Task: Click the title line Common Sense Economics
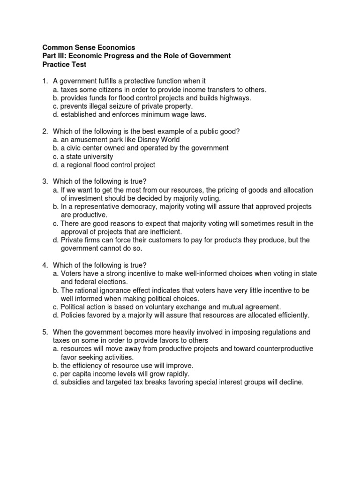(x=89, y=47)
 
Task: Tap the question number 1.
(x=45, y=81)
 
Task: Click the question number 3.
(x=45, y=181)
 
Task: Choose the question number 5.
(x=45, y=332)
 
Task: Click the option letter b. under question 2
(x=55, y=148)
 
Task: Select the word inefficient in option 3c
(x=164, y=232)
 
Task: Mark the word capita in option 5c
(x=81, y=374)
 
